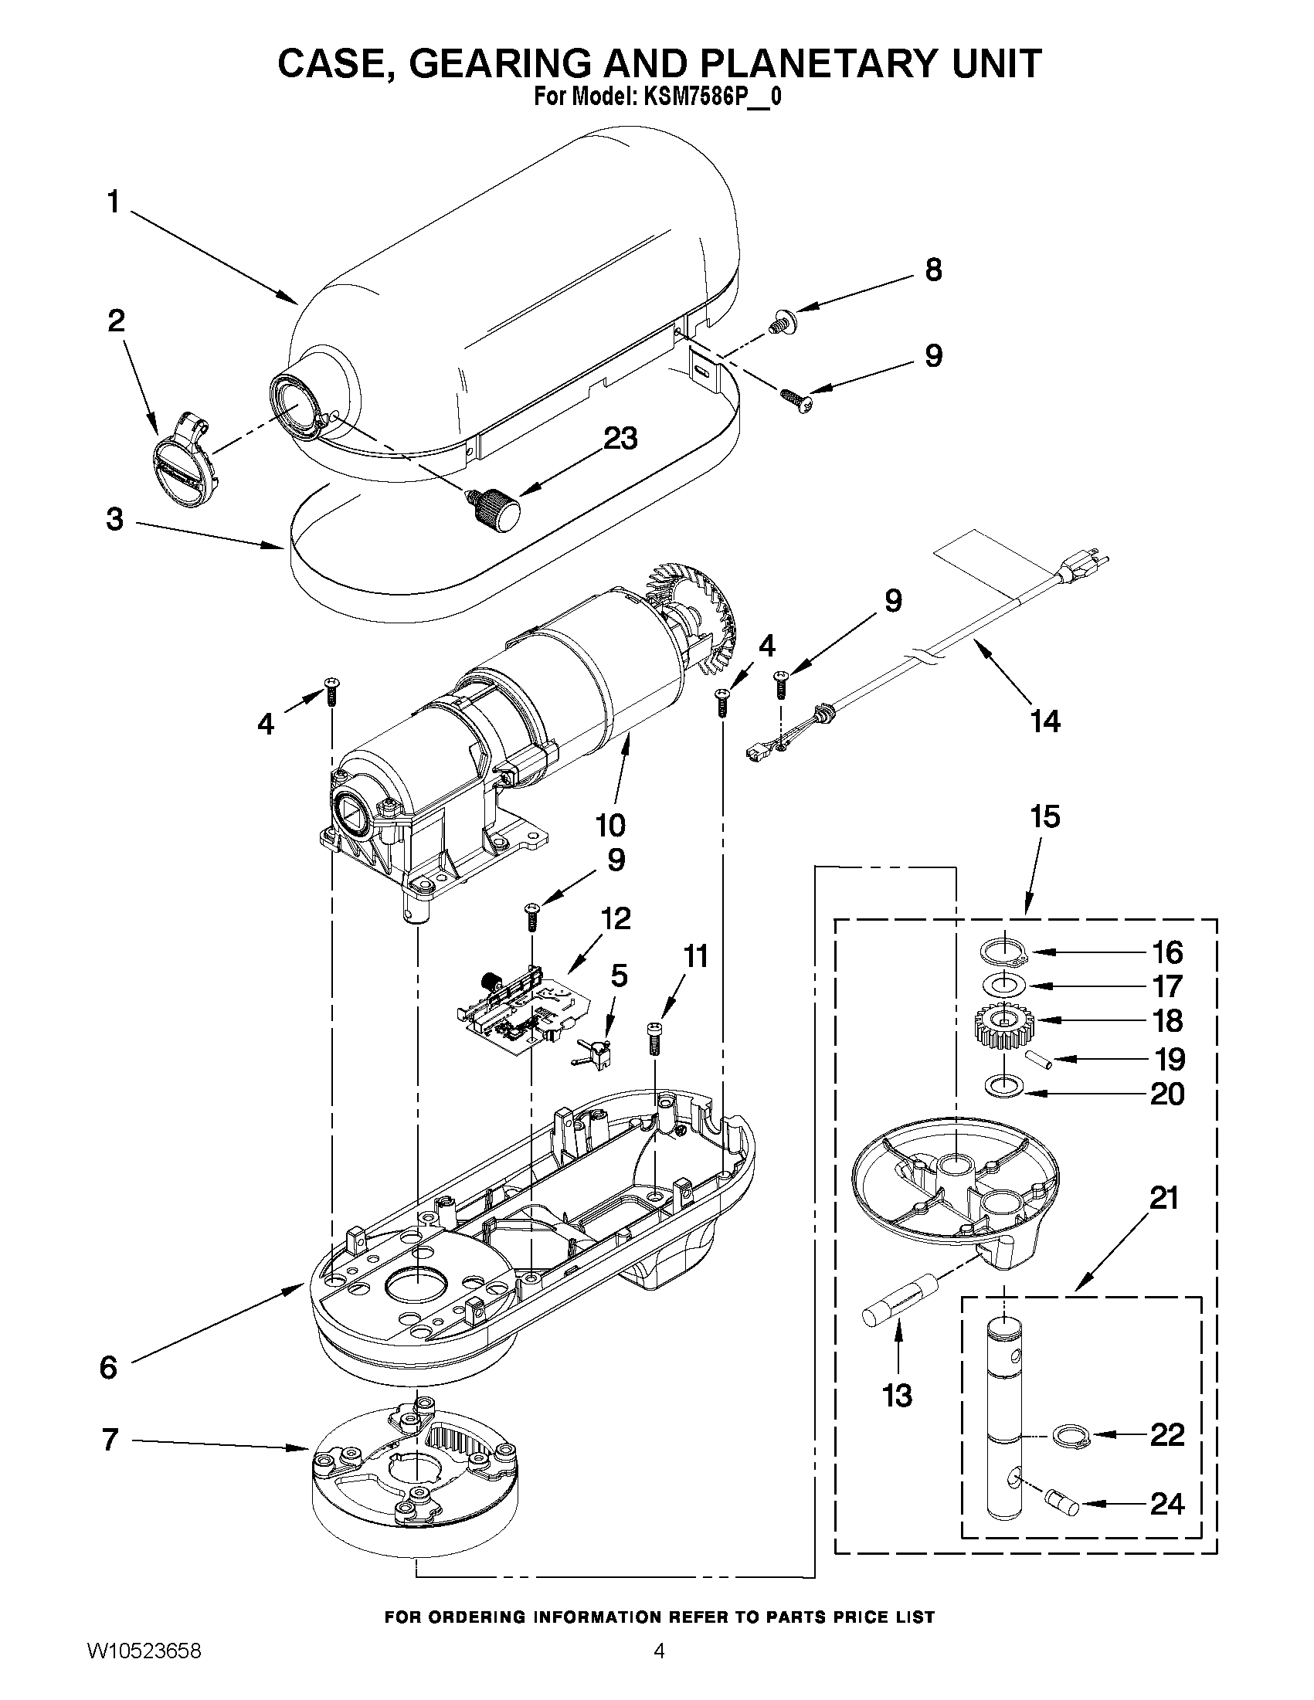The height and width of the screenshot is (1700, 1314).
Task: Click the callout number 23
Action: (620, 438)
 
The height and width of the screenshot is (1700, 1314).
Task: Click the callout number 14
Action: (1044, 721)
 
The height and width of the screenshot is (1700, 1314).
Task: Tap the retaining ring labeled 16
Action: (1003, 952)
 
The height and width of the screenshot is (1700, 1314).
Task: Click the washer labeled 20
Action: (1004, 1087)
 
